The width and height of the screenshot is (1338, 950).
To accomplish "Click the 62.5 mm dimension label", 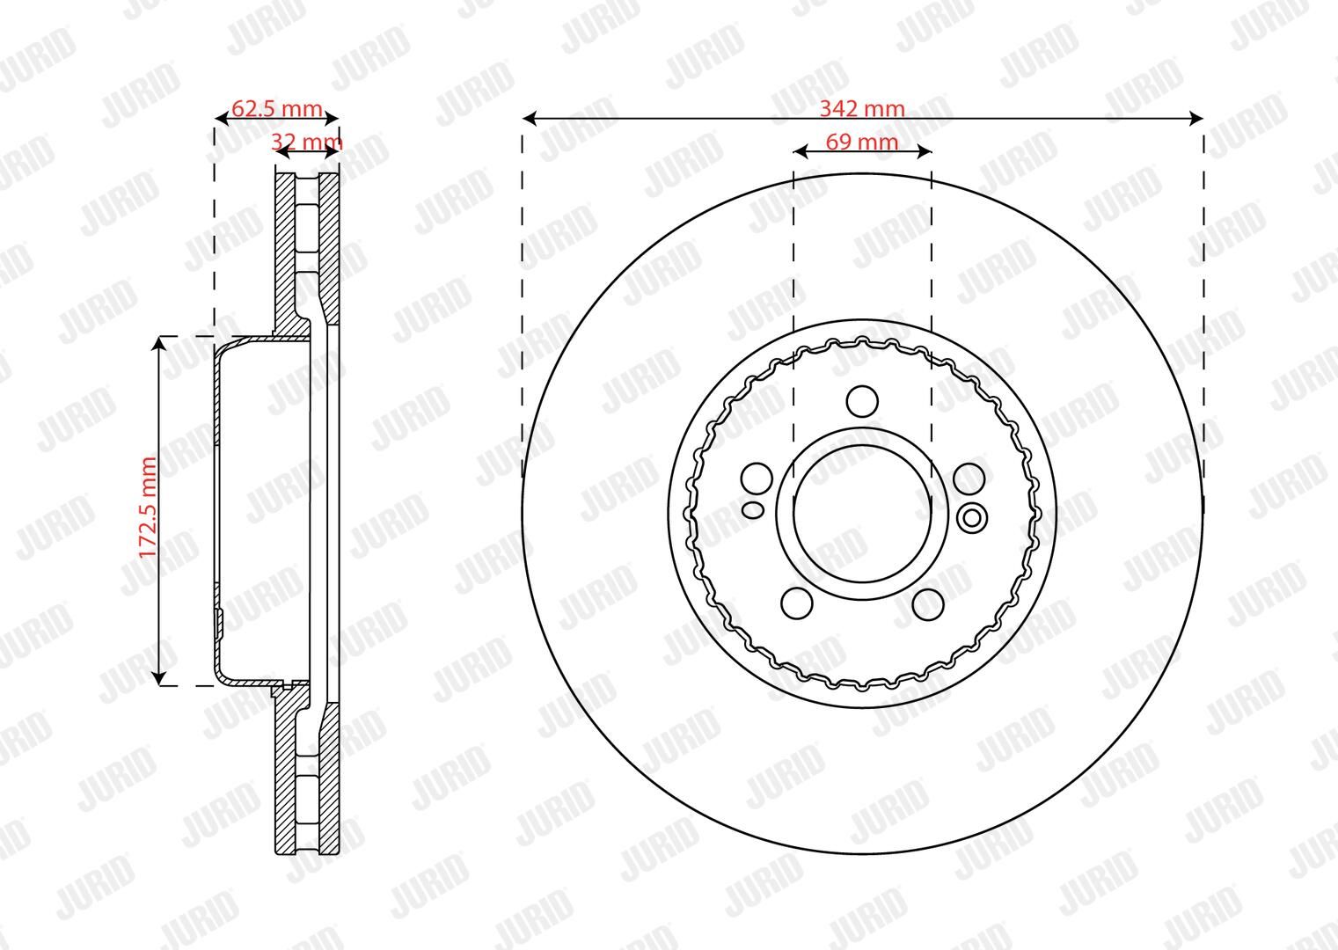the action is (276, 109).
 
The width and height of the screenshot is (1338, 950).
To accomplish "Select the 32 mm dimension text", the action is (306, 142).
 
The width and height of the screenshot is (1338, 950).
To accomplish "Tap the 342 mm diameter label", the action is (862, 109).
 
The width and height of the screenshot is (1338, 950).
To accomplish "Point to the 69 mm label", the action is (862, 142).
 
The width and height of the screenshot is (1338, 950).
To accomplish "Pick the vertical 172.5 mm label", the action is (148, 508).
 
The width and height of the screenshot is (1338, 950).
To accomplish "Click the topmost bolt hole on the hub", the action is (863, 401).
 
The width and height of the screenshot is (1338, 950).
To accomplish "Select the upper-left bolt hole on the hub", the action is (757, 479).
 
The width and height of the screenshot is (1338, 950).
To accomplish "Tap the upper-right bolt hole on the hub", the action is (969, 479).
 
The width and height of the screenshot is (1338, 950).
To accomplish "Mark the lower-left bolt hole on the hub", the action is (797, 603).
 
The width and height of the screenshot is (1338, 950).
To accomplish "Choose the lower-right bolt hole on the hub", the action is (928, 603).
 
